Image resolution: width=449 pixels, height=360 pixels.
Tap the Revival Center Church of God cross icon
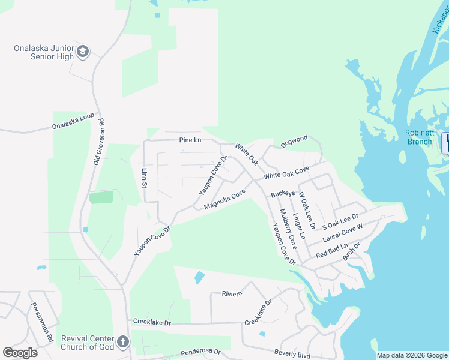pyautogui.click(x=123, y=342)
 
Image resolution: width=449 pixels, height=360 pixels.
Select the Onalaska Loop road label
pyautogui.click(x=73, y=122)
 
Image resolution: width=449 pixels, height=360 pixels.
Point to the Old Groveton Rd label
pyautogui.click(x=100, y=141)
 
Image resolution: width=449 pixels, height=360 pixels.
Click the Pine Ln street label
pyautogui.click(x=190, y=140)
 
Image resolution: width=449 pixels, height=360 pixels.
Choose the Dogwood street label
pyautogui.click(x=294, y=140)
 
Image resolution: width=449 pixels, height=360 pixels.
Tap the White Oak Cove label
pyautogui.click(x=286, y=172)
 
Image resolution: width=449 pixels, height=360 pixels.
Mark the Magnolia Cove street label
pyautogui.click(x=224, y=199)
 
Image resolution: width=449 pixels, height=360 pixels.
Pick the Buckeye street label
pyautogui.click(x=283, y=194)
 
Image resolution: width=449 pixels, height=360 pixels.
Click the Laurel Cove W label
pyautogui.click(x=343, y=233)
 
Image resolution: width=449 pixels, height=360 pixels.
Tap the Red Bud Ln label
pyautogui.click(x=331, y=250)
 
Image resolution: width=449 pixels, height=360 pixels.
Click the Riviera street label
pyautogui.click(x=231, y=293)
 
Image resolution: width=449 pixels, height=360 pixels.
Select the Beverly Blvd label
pyautogui.click(x=292, y=354)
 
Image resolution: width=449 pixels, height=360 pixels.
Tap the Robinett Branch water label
pyautogui.click(x=419, y=137)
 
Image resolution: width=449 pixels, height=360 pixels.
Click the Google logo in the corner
pyautogui.click(x=20, y=353)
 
